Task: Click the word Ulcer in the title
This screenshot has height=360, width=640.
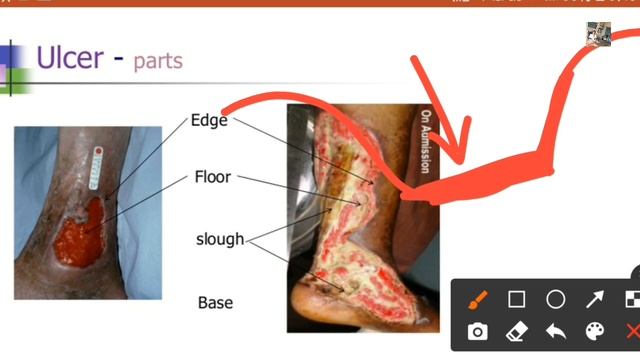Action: pos(69,57)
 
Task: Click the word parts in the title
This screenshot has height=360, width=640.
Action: pos(158,60)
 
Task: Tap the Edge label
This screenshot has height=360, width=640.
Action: pos(209,121)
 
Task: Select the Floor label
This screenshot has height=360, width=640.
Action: pos(212,177)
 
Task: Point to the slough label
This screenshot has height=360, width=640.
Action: pos(220,239)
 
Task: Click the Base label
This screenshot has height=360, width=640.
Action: pos(215,302)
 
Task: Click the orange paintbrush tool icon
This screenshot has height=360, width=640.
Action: pos(478,299)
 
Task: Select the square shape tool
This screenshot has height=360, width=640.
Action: pos(517,299)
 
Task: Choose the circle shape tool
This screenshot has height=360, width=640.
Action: pos(556,299)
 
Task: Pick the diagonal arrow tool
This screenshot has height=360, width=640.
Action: pos(595,299)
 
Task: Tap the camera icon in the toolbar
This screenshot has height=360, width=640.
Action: pos(478,332)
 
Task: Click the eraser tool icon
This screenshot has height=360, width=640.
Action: pos(517,332)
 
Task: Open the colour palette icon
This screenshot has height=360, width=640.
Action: pos(595,332)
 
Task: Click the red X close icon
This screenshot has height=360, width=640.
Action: pos(631,332)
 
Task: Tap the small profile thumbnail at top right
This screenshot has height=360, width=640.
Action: pos(598,33)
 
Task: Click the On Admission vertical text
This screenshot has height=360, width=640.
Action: pos(425,140)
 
